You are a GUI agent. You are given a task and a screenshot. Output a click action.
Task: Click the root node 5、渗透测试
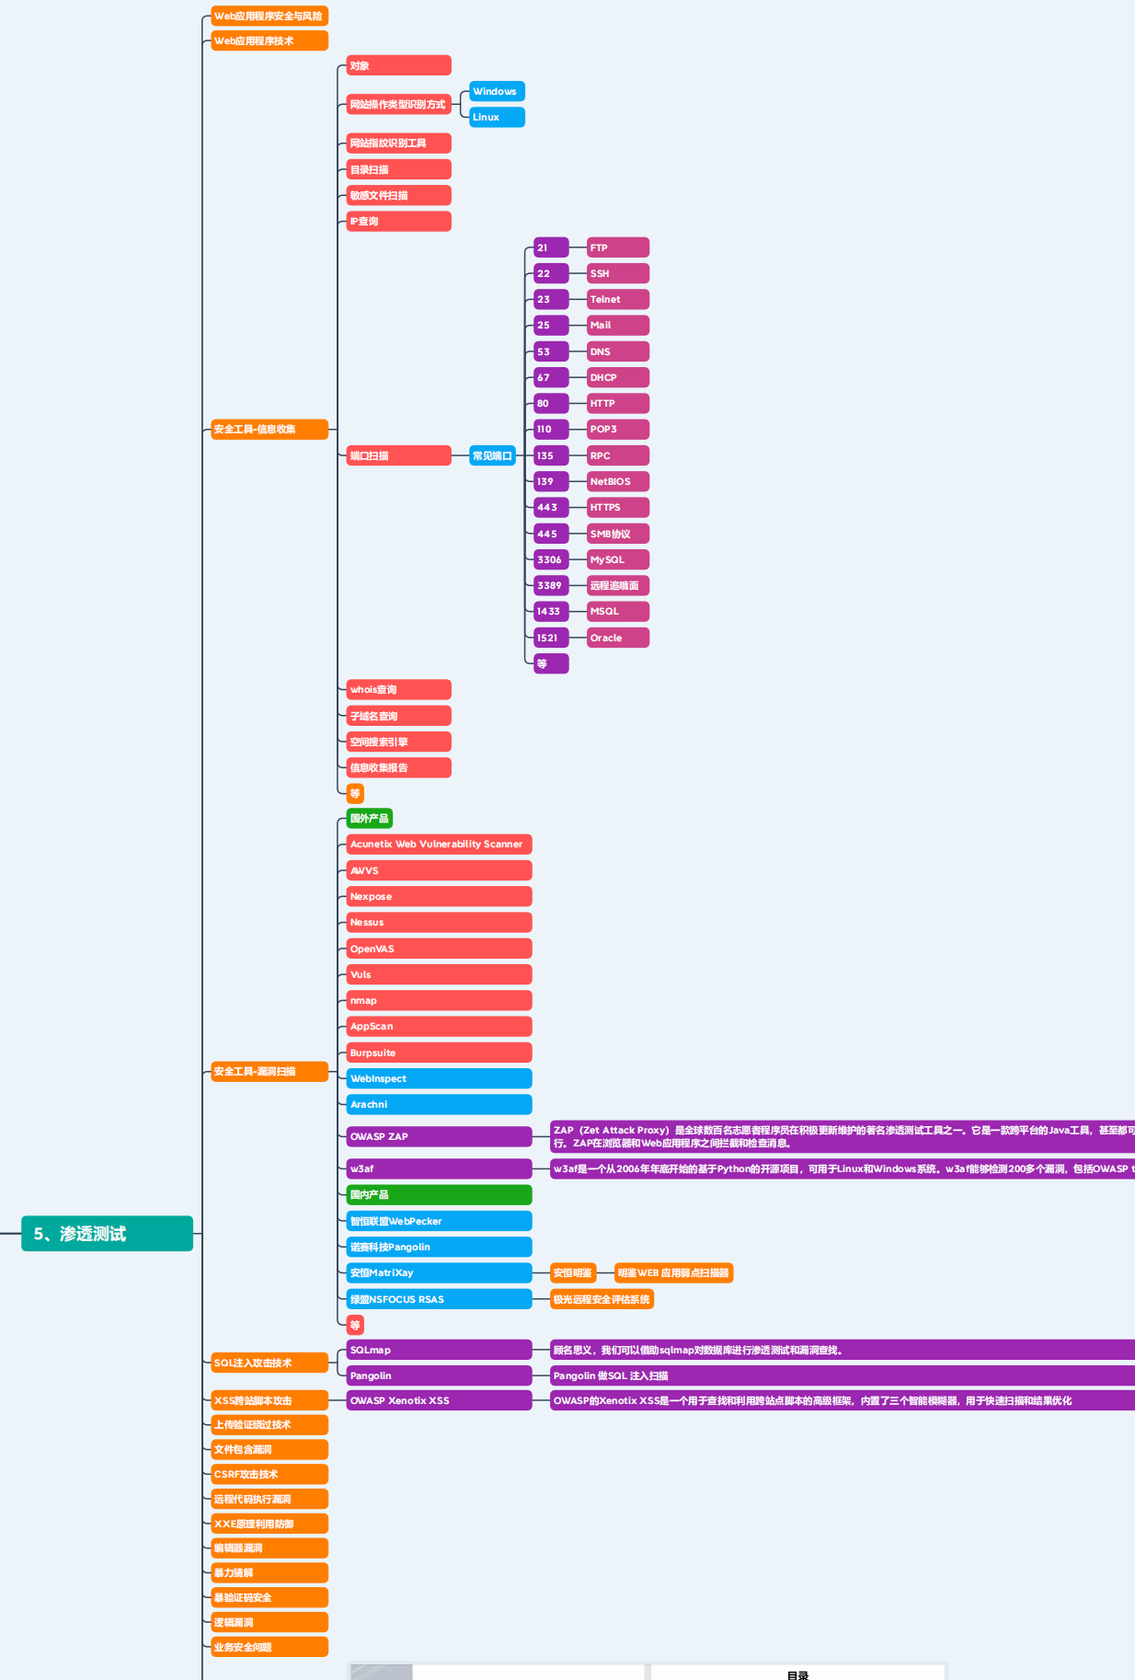pyautogui.click(x=107, y=1233)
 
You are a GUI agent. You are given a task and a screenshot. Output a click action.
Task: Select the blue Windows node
pyautogui.click(x=497, y=91)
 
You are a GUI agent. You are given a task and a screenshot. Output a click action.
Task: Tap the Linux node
pyautogui.click(x=497, y=117)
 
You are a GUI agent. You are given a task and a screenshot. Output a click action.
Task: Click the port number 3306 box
pyautogui.click(x=551, y=559)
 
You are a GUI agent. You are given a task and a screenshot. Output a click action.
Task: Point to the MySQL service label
pyautogui.click(x=618, y=559)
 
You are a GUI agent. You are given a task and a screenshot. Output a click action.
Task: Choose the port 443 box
pyautogui.click(x=551, y=507)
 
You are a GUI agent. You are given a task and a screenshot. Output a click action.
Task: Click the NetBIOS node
pyautogui.click(x=618, y=481)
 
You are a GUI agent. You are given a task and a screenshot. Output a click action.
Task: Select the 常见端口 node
pyautogui.click(x=492, y=455)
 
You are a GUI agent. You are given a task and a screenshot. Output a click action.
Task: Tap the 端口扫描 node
pyautogui.click(x=398, y=455)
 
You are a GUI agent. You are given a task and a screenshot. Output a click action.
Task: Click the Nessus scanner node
pyautogui.click(x=439, y=922)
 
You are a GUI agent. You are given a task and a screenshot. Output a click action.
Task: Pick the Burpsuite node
pyautogui.click(x=439, y=1053)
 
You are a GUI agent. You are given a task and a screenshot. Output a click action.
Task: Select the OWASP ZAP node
pyautogui.click(x=439, y=1136)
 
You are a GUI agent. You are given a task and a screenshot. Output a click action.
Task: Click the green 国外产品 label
pyautogui.click(x=370, y=818)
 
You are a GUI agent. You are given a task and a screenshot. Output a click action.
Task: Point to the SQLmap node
pyautogui.click(x=439, y=1350)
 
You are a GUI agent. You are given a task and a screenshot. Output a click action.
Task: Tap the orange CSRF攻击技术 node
pyautogui.click(x=269, y=1474)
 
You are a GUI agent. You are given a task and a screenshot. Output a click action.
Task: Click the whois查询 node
pyautogui.click(x=398, y=689)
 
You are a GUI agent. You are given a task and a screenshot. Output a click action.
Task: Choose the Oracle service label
pyautogui.click(x=618, y=638)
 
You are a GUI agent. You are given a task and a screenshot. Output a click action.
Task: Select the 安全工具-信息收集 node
pyautogui.click(x=269, y=429)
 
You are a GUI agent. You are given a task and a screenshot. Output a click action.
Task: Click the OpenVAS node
pyautogui.click(x=439, y=949)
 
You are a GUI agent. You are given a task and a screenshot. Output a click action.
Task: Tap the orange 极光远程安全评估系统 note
pyautogui.click(x=602, y=1299)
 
